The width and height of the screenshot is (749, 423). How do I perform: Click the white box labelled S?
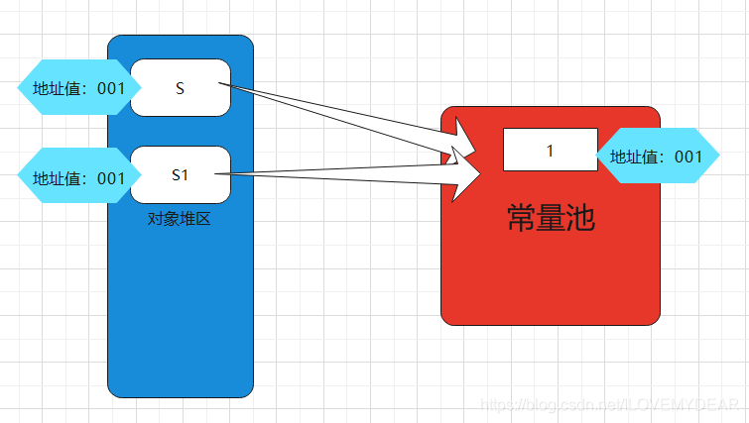(181, 88)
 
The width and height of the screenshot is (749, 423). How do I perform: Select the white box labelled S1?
(181, 175)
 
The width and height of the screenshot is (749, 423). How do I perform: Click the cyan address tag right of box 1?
(656, 157)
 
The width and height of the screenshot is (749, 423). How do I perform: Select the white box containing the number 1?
(550, 150)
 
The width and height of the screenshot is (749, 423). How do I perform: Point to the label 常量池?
(551, 217)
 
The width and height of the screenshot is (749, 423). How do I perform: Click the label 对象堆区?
(180, 218)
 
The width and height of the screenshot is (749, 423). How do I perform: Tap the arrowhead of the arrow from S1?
(466, 174)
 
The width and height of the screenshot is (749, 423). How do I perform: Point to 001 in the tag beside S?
(111, 88)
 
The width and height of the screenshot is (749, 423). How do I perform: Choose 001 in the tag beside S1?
(111, 178)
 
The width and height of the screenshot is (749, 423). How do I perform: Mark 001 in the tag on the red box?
(687, 157)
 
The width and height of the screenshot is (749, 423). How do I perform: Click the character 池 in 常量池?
(580, 217)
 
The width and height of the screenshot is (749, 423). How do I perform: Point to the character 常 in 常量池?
(521, 217)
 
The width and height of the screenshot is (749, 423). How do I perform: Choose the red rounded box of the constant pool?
(551, 277)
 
